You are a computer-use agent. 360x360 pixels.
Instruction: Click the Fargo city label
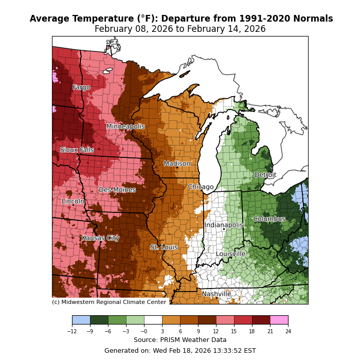pos(81,87)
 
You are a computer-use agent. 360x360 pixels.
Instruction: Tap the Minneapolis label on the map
pos(125,127)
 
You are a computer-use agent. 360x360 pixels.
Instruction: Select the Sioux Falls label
pos(77,150)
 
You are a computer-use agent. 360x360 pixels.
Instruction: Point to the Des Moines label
pos(117,190)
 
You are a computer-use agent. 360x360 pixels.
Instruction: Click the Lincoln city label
pos(73,202)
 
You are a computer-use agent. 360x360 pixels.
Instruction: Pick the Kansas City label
pos(100,238)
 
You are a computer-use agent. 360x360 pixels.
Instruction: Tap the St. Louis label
pos(164,247)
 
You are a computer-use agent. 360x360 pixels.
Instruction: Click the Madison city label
pos(177,164)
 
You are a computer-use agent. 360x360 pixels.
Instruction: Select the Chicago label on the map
pos(201,187)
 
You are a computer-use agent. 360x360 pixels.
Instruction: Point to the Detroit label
pos(265,175)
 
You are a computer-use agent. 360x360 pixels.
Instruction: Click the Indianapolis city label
pos(224,225)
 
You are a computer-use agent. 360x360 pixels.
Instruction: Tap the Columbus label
pos(269,219)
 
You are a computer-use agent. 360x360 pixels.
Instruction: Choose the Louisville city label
pos(230,254)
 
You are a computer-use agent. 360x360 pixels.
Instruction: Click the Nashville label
pos(217,294)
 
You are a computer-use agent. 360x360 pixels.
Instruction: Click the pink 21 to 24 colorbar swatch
pos(279,320)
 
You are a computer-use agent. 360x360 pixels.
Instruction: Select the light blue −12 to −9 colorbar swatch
pos(81,320)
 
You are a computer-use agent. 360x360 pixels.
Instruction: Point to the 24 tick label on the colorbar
pos(288,332)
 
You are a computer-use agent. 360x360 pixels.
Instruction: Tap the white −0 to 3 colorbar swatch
pos(153,320)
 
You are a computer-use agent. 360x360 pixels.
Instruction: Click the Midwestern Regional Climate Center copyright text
pos(109,302)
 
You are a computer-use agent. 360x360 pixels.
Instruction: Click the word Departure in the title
pos(197,19)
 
